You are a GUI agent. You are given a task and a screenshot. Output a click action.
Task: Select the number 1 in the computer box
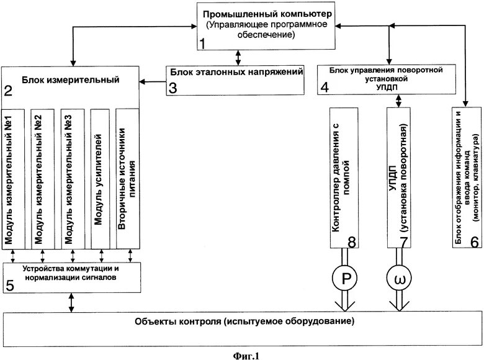click(202, 43)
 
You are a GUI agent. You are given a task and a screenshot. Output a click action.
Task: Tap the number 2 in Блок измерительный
click(8, 90)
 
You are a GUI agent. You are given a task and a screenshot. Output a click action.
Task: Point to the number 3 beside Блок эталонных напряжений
click(173, 88)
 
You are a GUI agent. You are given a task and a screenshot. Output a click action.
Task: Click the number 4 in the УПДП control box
click(325, 88)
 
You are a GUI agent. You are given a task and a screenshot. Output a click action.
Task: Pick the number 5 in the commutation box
click(10, 286)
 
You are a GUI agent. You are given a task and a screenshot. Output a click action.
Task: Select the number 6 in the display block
click(475, 242)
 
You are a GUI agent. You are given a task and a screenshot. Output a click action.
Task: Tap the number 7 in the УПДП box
click(403, 241)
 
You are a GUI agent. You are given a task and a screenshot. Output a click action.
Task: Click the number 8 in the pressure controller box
click(352, 241)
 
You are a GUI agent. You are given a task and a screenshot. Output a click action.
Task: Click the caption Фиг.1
click(246, 356)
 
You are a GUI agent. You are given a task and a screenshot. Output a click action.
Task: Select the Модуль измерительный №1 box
click(13, 179)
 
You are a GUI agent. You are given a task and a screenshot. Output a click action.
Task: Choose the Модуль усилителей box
click(100, 179)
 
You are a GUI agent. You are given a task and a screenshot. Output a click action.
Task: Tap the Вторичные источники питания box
click(127, 179)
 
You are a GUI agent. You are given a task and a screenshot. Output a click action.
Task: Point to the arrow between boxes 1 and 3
click(238, 58)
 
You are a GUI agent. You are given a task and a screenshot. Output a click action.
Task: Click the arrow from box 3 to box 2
click(153, 82)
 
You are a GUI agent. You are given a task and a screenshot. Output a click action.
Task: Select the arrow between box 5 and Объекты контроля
click(71, 302)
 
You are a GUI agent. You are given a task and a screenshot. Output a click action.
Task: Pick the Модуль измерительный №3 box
click(73, 179)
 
